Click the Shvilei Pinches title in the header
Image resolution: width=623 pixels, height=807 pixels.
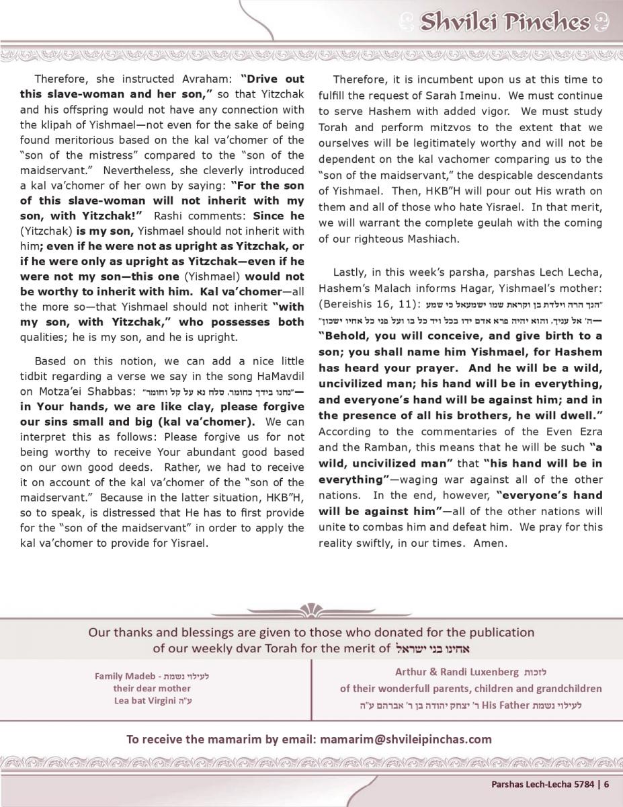[x=504, y=22]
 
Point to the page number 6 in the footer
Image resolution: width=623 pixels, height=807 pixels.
[x=606, y=783]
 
